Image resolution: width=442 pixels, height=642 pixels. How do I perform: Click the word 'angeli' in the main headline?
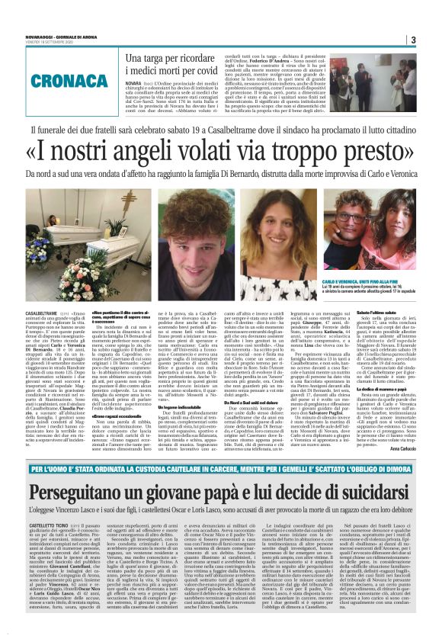pos(168,155)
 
